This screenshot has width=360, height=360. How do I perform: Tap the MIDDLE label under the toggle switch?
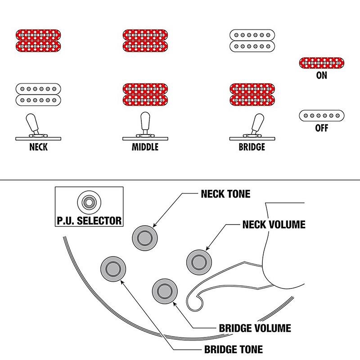[x=145, y=147]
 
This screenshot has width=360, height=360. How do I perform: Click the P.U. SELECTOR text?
[x=89, y=220]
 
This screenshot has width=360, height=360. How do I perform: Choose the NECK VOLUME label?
[x=274, y=224]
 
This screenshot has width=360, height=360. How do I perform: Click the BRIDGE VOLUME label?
[x=254, y=328]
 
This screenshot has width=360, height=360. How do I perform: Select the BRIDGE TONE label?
[x=233, y=349]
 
